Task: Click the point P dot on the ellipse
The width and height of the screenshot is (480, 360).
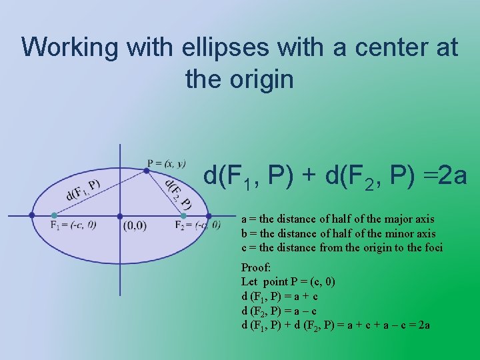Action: click(x=146, y=171)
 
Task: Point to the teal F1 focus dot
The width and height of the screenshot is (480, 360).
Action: click(x=54, y=215)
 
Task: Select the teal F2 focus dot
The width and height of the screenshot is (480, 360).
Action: click(x=184, y=215)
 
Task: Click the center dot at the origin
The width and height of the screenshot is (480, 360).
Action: click(x=120, y=215)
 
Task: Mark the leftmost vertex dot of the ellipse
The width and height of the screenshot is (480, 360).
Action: click(x=32, y=215)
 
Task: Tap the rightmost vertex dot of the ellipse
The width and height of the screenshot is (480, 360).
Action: click(x=208, y=215)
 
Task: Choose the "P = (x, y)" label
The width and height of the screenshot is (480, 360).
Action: click(x=167, y=163)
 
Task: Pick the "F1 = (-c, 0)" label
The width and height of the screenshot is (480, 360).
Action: click(x=73, y=225)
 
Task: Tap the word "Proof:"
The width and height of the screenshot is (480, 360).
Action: click(x=256, y=267)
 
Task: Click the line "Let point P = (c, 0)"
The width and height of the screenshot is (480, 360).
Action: click(x=288, y=281)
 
